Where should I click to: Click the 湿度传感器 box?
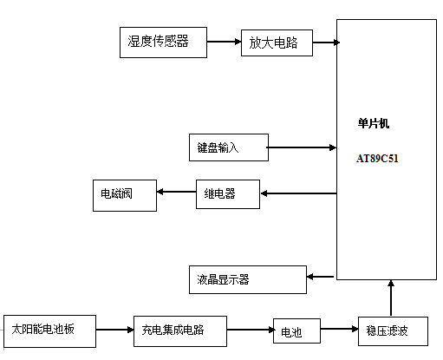point(163,43)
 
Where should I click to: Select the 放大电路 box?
point(277,43)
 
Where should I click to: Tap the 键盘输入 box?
point(229,147)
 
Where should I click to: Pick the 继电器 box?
point(228,194)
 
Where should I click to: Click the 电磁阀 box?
point(125,195)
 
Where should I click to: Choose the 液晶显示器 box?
point(248,279)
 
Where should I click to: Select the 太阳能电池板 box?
point(49,331)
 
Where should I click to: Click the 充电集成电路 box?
point(180,331)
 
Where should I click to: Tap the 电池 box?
point(296,331)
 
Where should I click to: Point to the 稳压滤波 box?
point(393,331)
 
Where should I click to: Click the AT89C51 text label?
point(377,159)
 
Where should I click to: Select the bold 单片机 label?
point(374,123)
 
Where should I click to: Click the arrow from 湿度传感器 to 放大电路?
point(224,42)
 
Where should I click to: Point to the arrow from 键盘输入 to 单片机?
point(302,147)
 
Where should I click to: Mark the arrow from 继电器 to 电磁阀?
point(176,192)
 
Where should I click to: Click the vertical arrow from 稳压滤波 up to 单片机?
point(391,298)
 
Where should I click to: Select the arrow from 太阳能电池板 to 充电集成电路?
point(114,330)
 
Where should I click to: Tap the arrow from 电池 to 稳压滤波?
point(340,329)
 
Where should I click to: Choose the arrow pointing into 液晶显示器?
point(320,277)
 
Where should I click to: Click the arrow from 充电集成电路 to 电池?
point(251,330)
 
